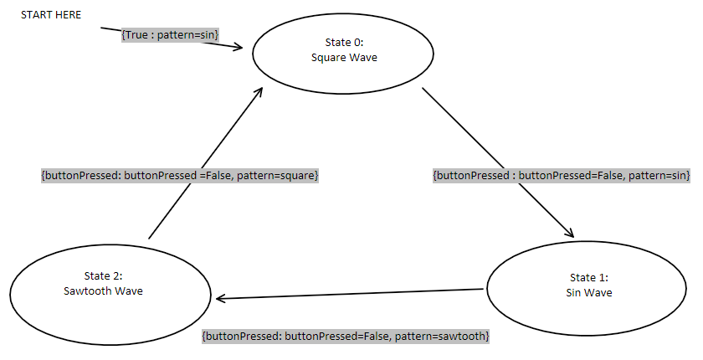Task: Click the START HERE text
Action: (51, 15)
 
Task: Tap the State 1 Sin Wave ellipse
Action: (590, 285)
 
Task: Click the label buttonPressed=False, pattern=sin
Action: (561, 176)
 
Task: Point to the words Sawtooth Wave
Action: (109, 291)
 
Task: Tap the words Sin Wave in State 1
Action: (590, 292)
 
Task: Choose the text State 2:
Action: (109, 276)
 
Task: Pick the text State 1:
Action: (590, 277)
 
